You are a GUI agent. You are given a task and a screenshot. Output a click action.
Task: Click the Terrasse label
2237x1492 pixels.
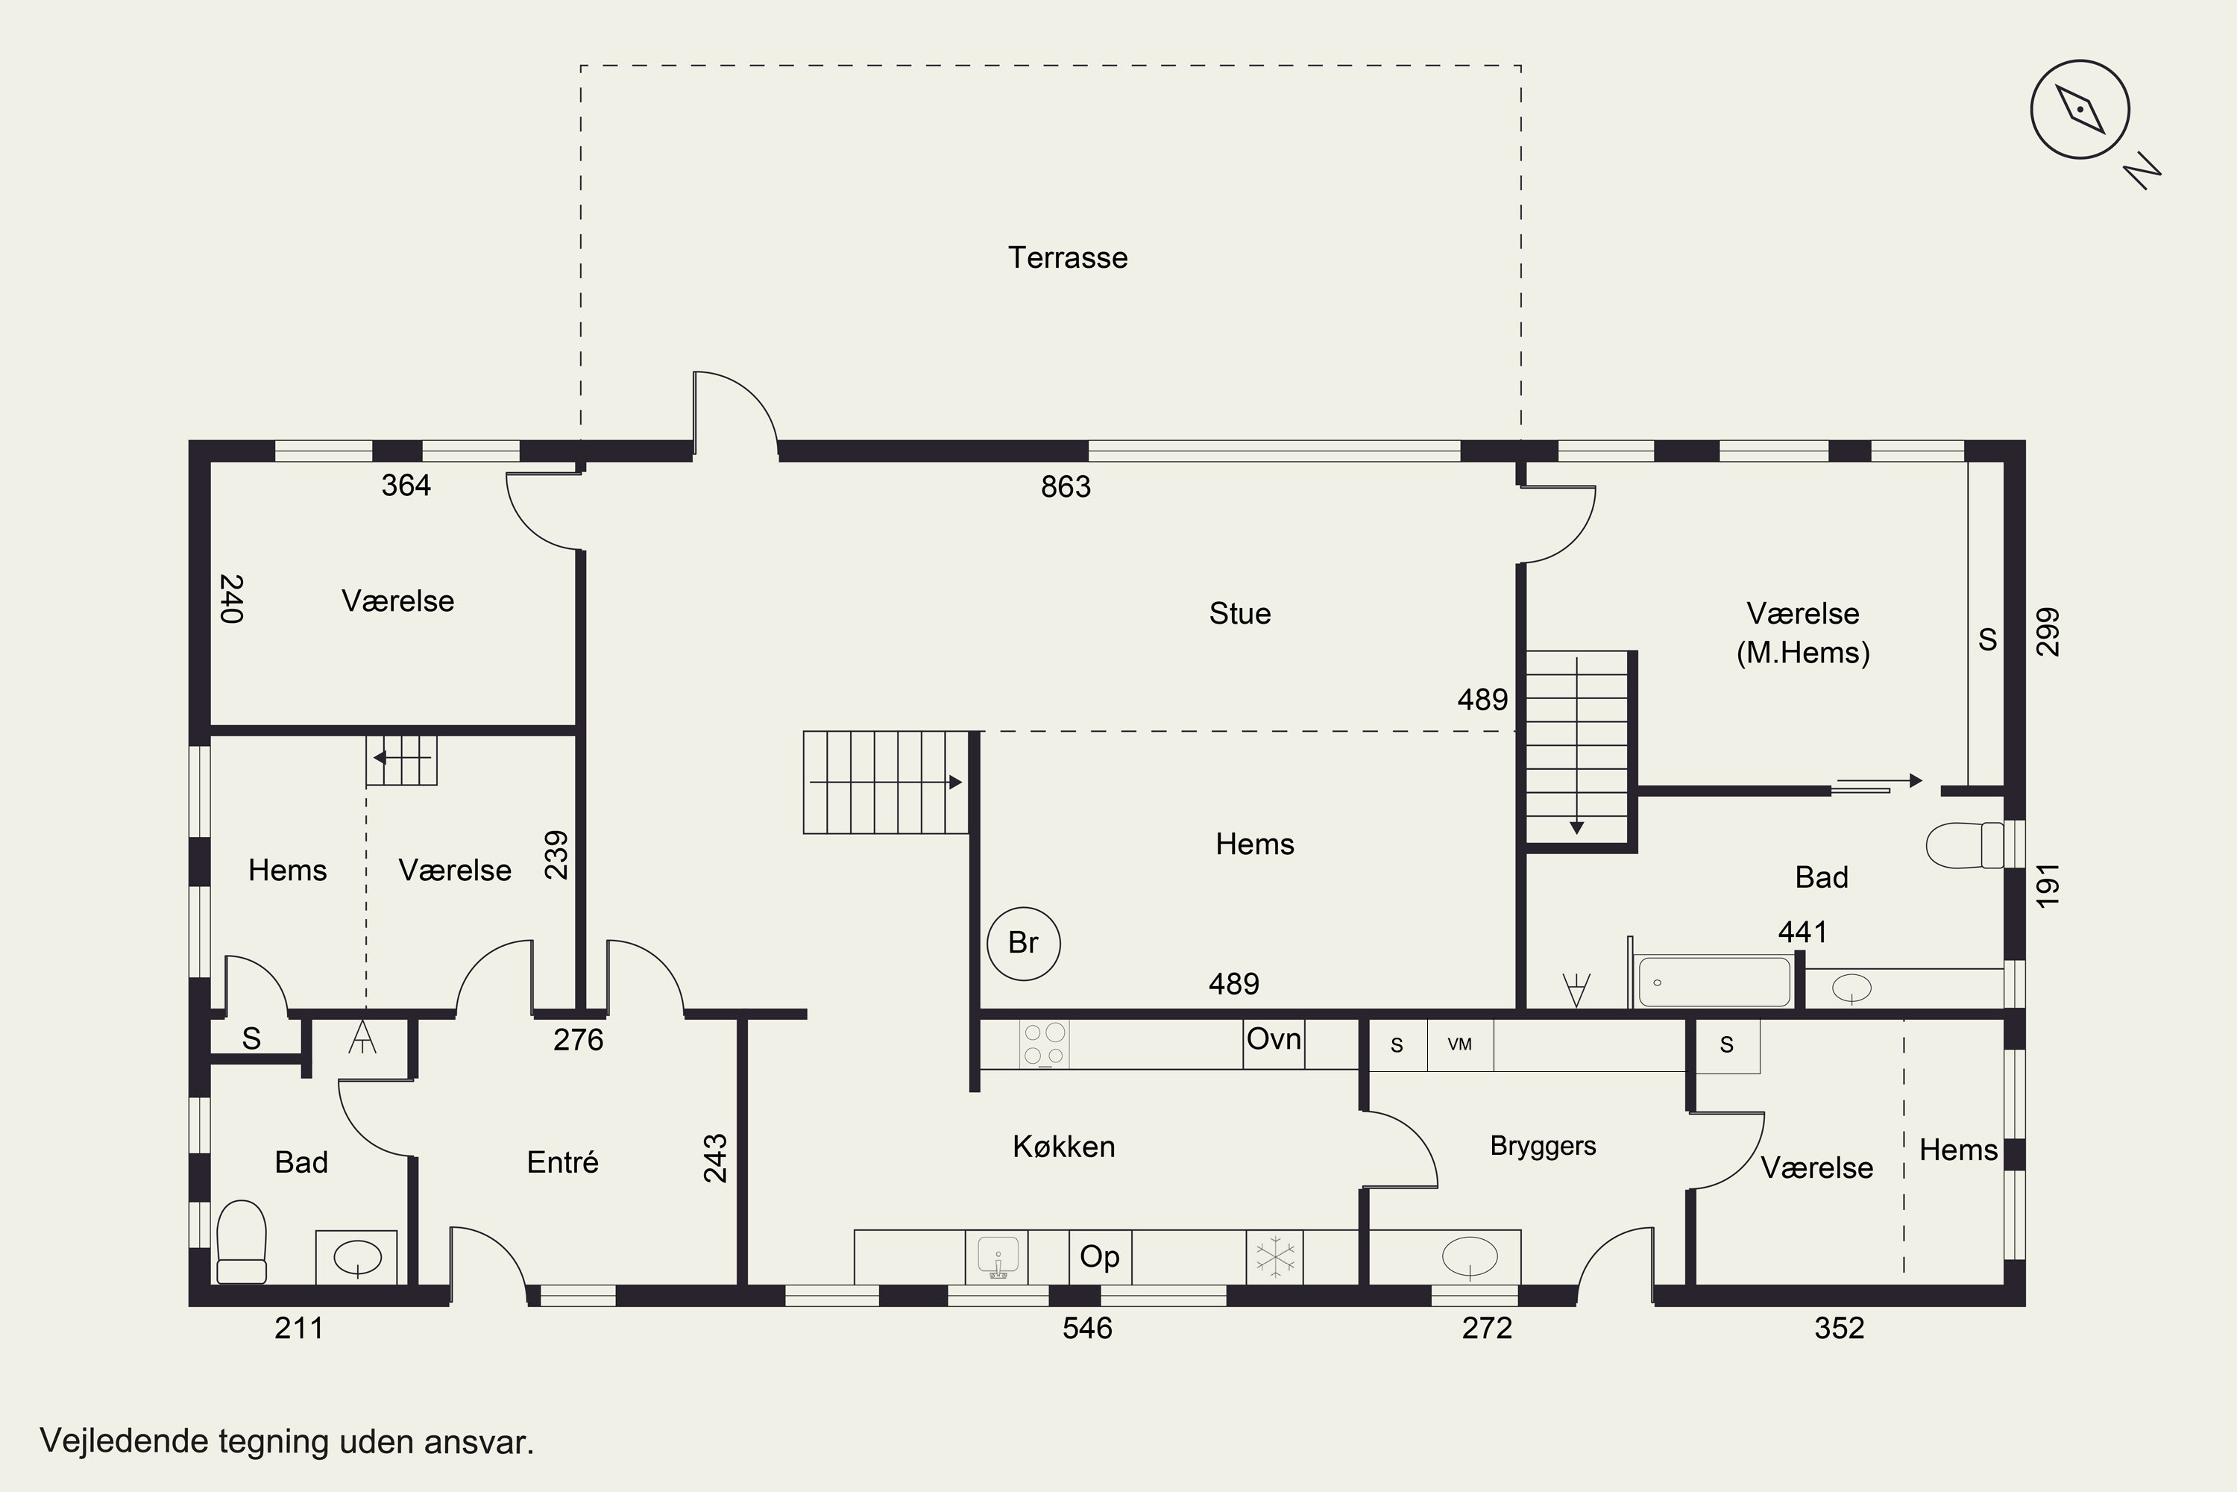[x=1067, y=258]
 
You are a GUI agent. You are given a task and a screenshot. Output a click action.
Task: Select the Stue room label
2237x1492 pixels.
[x=1239, y=614]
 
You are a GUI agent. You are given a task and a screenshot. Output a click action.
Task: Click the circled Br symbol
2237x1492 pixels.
[x=1022, y=943]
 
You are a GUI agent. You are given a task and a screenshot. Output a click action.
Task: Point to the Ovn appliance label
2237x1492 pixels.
[x=1274, y=1039]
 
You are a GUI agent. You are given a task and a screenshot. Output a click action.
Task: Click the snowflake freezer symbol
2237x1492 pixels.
[x=1274, y=1257]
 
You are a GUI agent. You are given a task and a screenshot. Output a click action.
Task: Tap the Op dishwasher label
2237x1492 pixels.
[x=1099, y=1257]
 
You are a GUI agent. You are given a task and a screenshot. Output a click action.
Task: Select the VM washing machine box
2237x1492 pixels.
[x=1460, y=1045]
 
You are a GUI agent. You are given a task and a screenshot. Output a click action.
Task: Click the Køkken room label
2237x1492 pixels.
[x=1063, y=1147]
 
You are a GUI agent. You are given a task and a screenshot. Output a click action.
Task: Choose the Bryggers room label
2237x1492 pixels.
[x=1543, y=1147]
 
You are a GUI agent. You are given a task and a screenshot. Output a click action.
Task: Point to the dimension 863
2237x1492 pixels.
[x=1066, y=487]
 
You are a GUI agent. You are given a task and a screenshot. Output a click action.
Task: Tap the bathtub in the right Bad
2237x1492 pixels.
[x=1713, y=981]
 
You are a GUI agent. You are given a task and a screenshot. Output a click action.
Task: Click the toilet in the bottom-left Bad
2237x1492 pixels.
[x=242, y=1242]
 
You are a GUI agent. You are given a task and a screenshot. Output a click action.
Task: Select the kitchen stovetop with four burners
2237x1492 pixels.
[x=1045, y=1045]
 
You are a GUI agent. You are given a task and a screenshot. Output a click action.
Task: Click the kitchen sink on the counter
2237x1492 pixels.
[x=998, y=1257]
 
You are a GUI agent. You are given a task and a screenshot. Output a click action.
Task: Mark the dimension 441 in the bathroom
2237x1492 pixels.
[x=1802, y=932]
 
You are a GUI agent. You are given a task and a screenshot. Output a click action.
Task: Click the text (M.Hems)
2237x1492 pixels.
[x=1802, y=653]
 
